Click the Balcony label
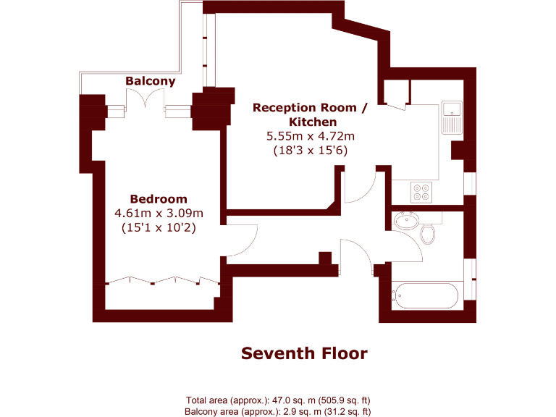tap(151, 81)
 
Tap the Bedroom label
tap(158, 199)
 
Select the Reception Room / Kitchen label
tap(310, 114)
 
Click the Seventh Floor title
tap(304, 353)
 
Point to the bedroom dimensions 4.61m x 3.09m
tap(159, 213)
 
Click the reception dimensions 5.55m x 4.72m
tap(310, 136)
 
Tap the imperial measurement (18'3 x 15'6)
tap(310, 151)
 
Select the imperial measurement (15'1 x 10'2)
tap(159, 227)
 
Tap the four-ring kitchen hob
tap(421, 191)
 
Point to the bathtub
tap(425, 295)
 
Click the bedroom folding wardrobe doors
tap(161, 281)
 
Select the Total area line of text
tap(278, 400)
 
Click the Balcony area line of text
tap(278, 411)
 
